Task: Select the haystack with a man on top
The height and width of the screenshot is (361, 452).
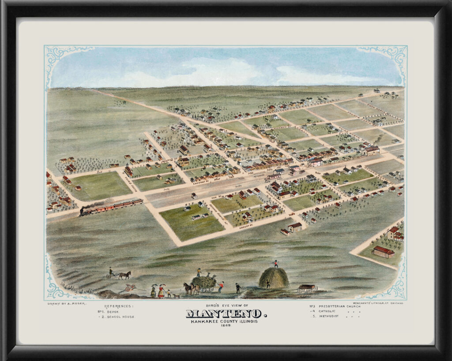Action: pyautogui.click(x=274, y=278)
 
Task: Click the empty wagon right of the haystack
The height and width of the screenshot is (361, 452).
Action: pyautogui.click(x=307, y=288)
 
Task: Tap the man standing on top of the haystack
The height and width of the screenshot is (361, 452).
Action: pyautogui.click(x=276, y=264)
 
